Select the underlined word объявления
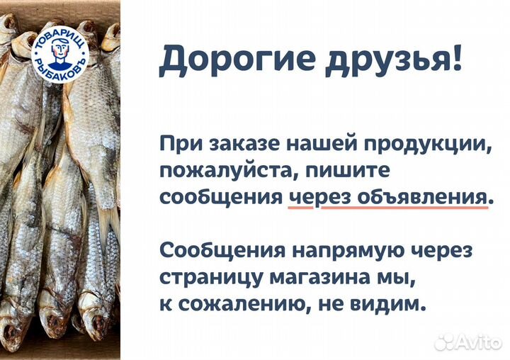[x=418, y=197]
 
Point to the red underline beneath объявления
[x=418, y=209]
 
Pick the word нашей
[x=315, y=145]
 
